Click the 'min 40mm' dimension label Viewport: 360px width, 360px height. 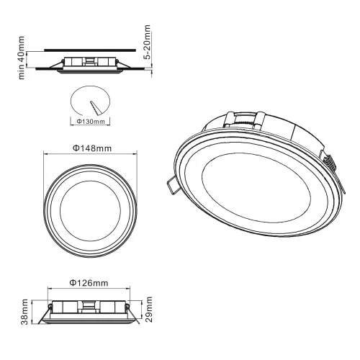pos(22,56)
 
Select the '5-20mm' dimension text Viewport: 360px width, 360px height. pos(148,45)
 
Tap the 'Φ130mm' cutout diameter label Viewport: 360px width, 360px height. pos(90,122)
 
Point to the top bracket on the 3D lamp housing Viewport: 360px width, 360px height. pos(245,117)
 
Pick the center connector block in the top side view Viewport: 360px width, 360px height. pos(89,62)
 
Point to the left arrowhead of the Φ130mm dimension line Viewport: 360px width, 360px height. pos(72,117)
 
